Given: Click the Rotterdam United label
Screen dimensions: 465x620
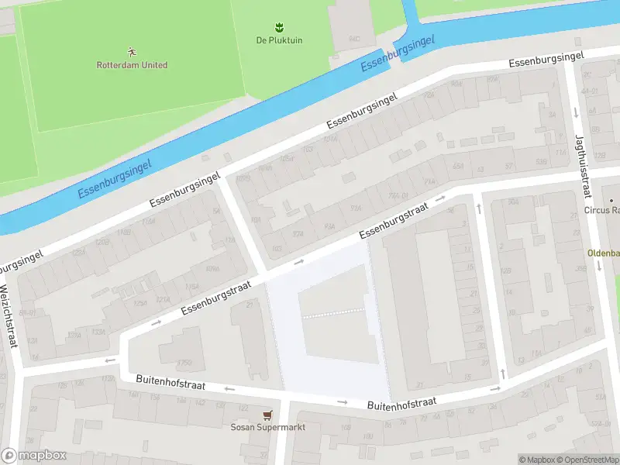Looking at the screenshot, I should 132,65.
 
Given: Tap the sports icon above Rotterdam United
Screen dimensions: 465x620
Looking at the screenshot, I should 132,52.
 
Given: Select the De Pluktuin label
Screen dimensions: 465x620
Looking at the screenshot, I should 279,40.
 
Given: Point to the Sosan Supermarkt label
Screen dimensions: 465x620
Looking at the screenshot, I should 267,427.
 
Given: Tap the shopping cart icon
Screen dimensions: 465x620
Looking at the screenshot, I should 267,415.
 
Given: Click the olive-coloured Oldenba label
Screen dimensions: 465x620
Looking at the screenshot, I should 603,253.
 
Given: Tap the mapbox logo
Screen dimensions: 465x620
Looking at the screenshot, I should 33,456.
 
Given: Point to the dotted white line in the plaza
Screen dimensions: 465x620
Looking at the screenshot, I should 333,313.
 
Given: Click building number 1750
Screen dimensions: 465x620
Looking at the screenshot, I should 184,362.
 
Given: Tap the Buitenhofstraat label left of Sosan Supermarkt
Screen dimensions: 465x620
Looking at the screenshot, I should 170,382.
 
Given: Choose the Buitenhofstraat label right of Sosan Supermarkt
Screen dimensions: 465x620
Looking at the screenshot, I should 401,404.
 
